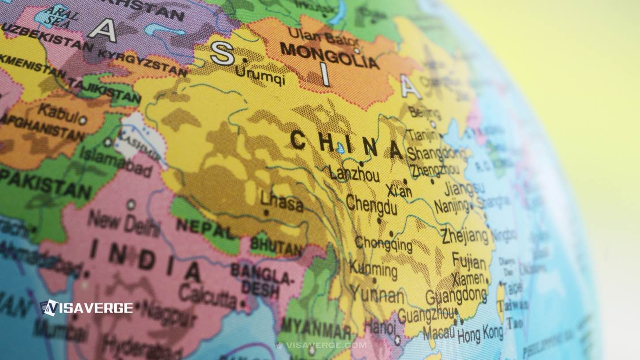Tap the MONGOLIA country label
tap(329, 56)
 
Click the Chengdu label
tap(371, 205)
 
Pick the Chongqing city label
tap(383, 243)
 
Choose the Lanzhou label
tap(354, 173)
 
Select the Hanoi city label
tap(380, 328)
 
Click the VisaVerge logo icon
tap(49, 308)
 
